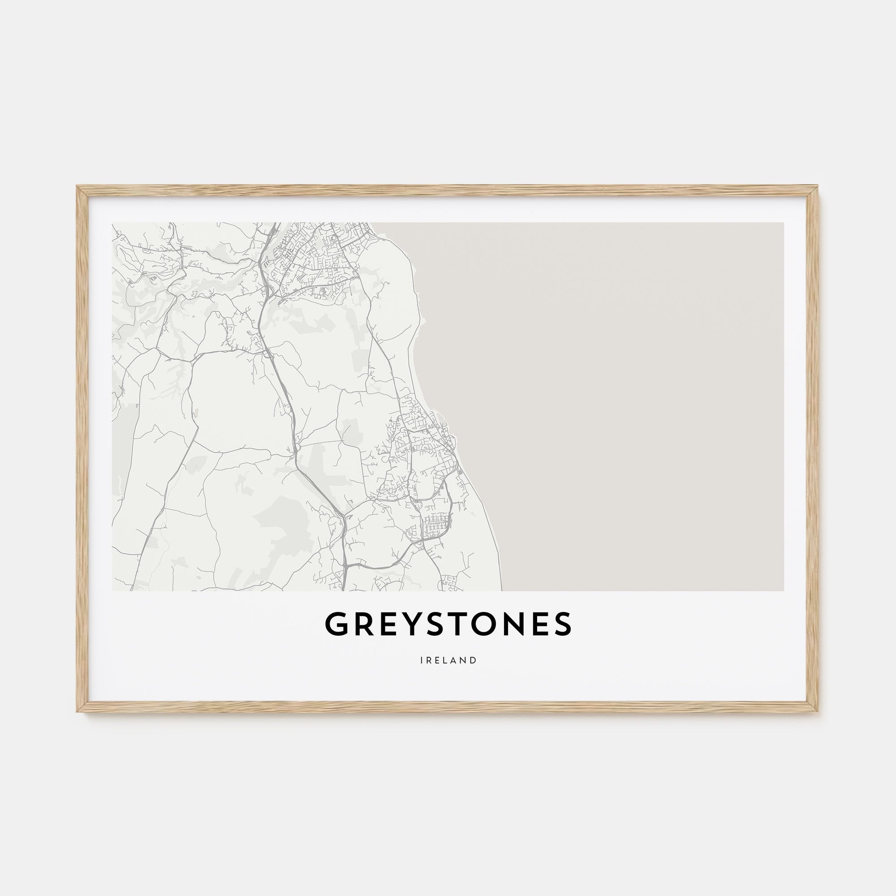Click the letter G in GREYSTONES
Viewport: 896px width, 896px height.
(x=336, y=624)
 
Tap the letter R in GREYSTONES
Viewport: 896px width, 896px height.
(x=364, y=624)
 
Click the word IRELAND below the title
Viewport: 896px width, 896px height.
(x=448, y=660)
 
